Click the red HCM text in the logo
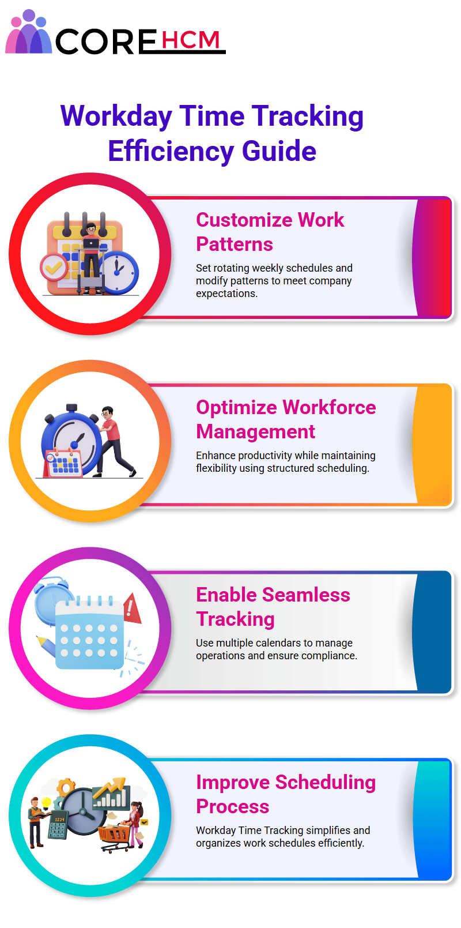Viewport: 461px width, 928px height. (x=190, y=40)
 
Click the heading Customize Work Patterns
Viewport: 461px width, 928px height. (x=270, y=232)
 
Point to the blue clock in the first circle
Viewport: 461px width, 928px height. (x=118, y=272)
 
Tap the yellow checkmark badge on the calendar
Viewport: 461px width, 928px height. (x=54, y=267)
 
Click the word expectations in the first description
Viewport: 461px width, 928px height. (x=226, y=294)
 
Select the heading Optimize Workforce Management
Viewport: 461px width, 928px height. (x=286, y=419)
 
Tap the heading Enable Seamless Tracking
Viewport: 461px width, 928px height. (x=273, y=607)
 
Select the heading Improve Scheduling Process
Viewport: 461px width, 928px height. (x=286, y=794)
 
